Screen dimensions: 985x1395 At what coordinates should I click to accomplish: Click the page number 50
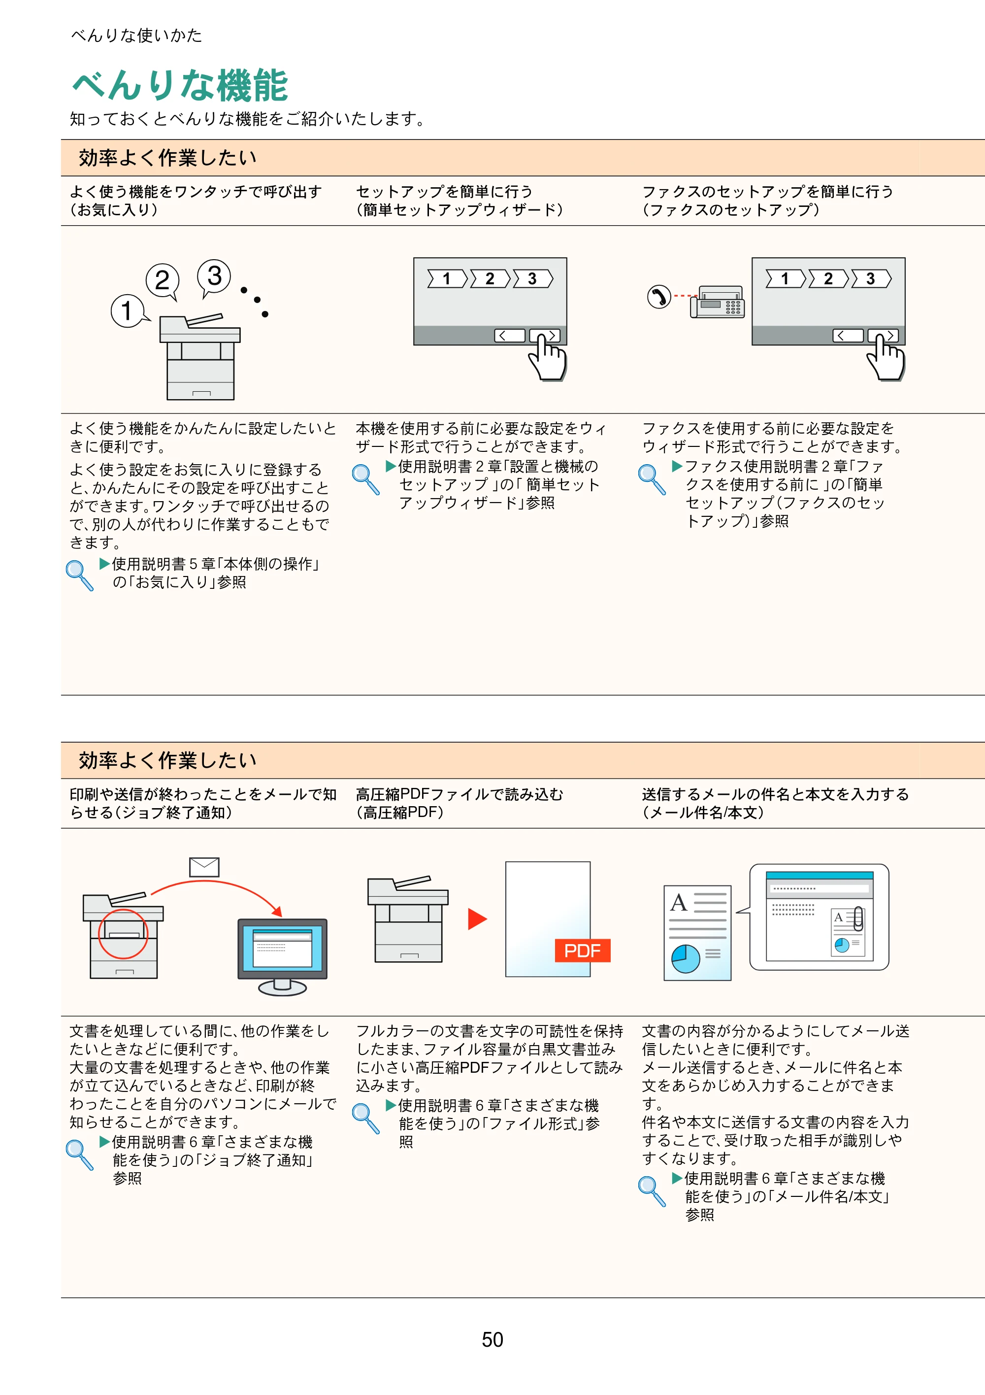pos(492,1339)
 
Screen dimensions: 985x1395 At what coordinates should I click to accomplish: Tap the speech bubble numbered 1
pos(128,310)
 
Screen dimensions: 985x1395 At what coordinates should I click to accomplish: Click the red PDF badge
pos(582,950)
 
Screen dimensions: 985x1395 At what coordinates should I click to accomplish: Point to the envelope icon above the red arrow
pos(204,866)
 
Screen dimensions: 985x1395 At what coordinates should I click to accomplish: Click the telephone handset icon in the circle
pos(659,297)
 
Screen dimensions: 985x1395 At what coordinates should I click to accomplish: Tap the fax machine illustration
pos(717,302)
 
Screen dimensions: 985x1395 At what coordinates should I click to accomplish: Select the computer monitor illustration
pos(282,956)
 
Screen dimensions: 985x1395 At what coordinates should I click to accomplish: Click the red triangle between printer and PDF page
pos(477,919)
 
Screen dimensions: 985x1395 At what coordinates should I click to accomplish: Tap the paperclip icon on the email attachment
pos(858,919)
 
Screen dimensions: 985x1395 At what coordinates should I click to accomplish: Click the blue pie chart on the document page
pos(686,959)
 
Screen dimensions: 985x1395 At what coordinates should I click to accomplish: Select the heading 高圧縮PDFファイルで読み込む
pos(460,794)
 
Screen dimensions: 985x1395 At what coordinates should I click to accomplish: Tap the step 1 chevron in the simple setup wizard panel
pos(448,279)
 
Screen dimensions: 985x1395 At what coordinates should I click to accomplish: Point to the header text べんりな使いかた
pos(136,35)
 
